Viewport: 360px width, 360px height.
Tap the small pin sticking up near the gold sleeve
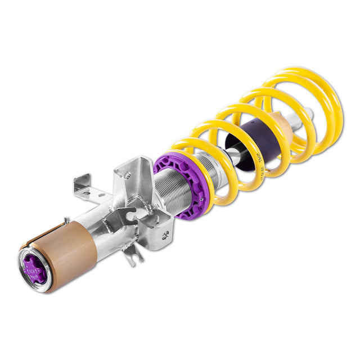coord(67,220)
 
